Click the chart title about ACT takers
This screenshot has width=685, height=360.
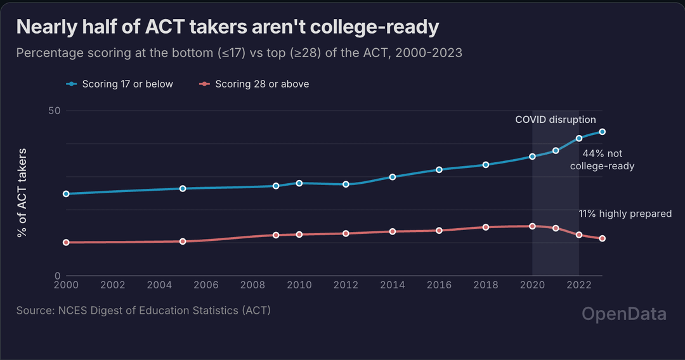click(228, 27)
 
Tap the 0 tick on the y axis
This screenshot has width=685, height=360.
click(57, 276)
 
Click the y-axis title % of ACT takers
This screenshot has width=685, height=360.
click(23, 193)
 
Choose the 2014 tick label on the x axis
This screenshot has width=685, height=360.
click(393, 286)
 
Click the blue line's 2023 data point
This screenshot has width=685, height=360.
click(602, 132)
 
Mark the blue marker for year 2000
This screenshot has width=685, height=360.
click(66, 193)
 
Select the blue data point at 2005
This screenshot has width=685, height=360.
click(183, 188)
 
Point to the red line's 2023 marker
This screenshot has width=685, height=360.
click(602, 238)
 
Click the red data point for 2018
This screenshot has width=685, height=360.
click(486, 227)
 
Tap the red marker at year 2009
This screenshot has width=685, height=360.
click(276, 235)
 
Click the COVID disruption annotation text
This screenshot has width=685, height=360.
click(555, 120)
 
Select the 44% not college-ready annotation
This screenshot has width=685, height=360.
click(602, 160)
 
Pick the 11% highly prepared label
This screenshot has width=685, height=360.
click(625, 214)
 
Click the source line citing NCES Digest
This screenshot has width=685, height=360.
click(144, 311)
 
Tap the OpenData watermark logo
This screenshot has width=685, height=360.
click(624, 314)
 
